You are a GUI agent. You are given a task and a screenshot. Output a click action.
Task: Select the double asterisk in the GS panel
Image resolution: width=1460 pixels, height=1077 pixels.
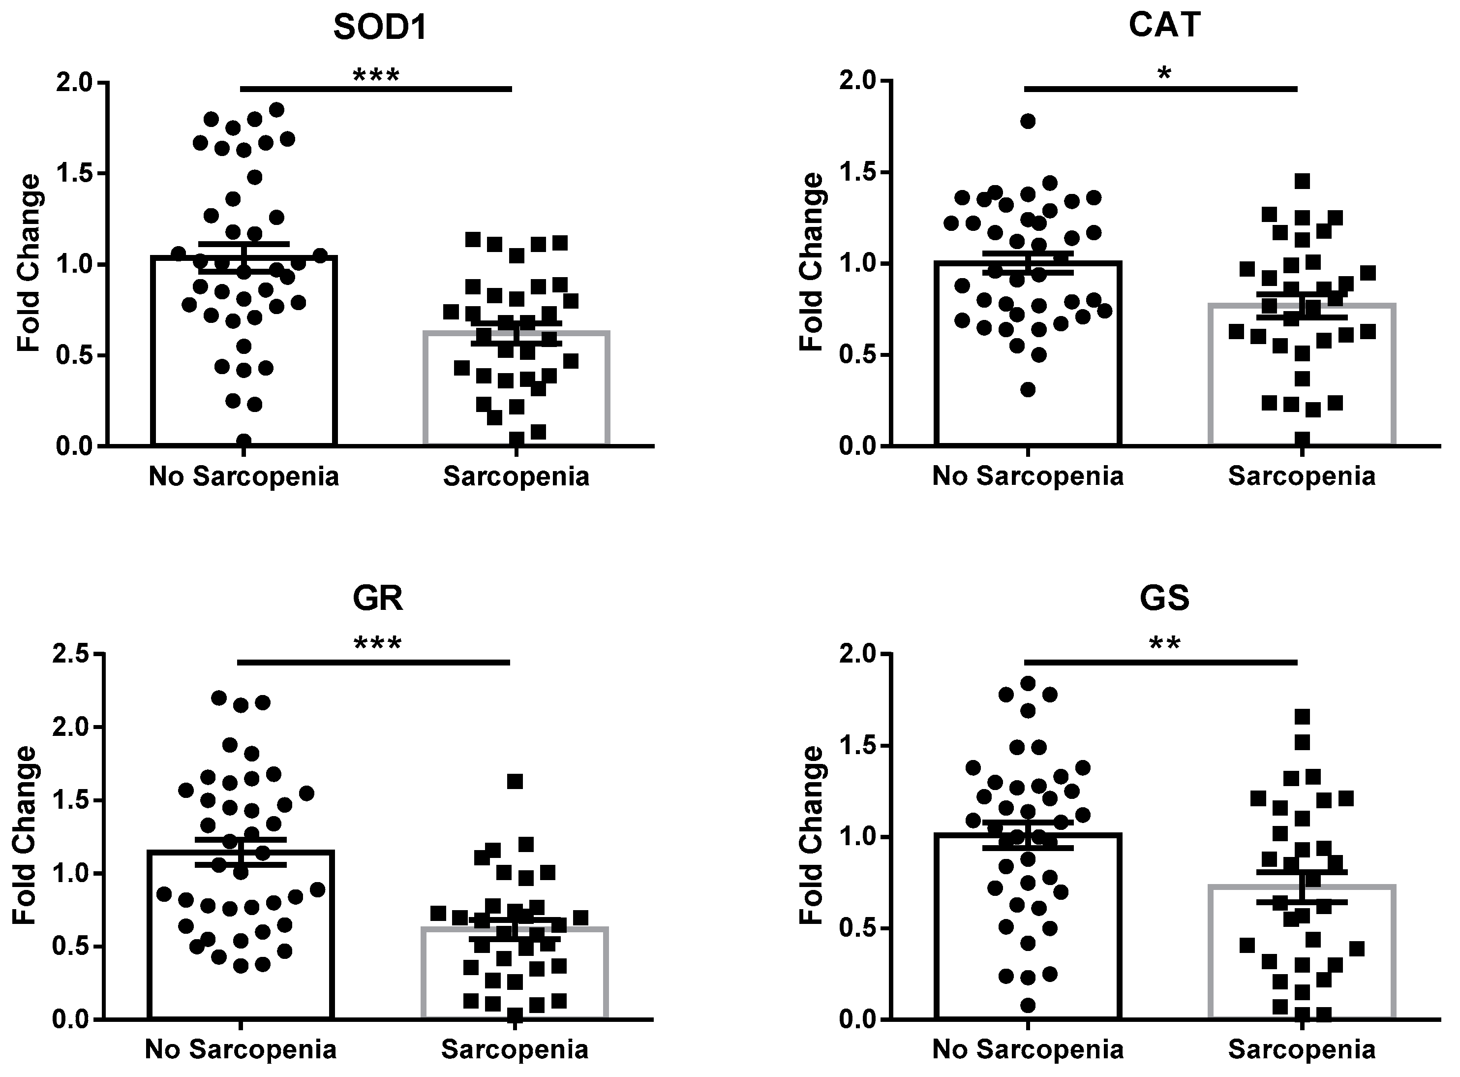click(1164, 644)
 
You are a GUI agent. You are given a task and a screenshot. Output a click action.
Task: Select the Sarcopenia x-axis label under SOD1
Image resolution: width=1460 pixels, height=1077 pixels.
click(516, 476)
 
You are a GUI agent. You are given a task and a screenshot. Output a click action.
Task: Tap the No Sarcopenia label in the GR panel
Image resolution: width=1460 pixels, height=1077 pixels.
click(241, 1049)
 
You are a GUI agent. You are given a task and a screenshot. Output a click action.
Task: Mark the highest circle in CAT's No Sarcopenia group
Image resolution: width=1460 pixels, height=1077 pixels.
click(1028, 121)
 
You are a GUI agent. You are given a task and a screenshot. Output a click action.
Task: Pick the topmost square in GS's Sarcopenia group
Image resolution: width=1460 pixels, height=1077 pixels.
click(1302, 717)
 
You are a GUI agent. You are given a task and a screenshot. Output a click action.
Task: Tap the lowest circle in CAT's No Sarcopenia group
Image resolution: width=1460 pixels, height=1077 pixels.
click(1028, 390)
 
